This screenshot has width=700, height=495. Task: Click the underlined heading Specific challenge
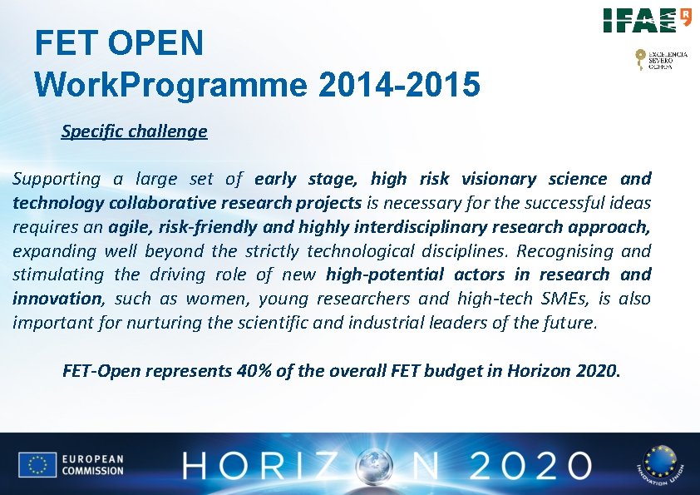(x=134, y=131)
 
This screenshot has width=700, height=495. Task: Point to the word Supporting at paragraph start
(x=57, y=179)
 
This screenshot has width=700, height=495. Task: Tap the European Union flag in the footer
(x=37, y=465)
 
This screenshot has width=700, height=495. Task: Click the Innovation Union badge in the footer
(x=658, y=464)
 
